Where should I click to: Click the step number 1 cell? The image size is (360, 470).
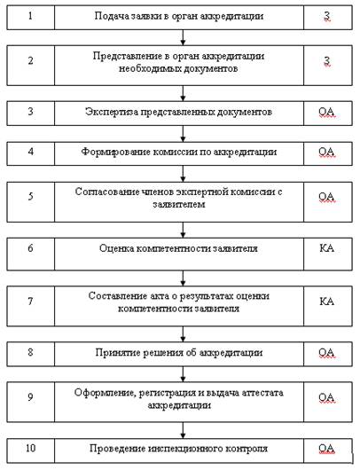(30, 18)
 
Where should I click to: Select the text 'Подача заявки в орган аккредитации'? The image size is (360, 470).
(179, 16)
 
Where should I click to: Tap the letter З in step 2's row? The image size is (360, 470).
(327, 61)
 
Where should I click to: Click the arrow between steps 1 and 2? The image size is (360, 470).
(184, 37)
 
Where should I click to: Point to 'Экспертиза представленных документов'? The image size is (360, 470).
(178, 112)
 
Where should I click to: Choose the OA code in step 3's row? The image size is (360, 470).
(326, 112)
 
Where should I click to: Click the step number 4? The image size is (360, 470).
(30, 152)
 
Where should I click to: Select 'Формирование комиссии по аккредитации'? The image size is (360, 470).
(179, 152)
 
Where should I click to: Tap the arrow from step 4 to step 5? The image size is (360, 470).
(184, 174)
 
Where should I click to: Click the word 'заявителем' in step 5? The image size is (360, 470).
(179, 205)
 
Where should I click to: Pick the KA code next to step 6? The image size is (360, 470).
(326, 248)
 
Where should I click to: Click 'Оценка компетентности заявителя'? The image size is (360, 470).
(178, 248)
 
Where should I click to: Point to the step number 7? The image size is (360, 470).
(30, 301)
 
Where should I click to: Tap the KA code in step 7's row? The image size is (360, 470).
(326, 301)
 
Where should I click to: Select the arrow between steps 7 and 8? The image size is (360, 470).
(184, 334)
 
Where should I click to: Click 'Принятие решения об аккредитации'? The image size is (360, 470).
(179, 353)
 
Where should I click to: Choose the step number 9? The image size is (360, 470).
(30, 397)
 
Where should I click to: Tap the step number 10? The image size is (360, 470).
(30, 448)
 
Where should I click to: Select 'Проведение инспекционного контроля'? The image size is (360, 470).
(178, 449)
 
